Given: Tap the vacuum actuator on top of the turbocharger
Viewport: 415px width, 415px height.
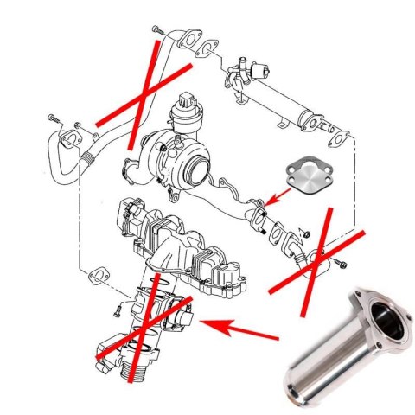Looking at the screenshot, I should [185, 111].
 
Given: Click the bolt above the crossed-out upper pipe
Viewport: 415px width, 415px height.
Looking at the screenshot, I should [156, 30].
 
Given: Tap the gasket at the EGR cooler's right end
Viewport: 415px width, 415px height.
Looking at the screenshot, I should [341, 134].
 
